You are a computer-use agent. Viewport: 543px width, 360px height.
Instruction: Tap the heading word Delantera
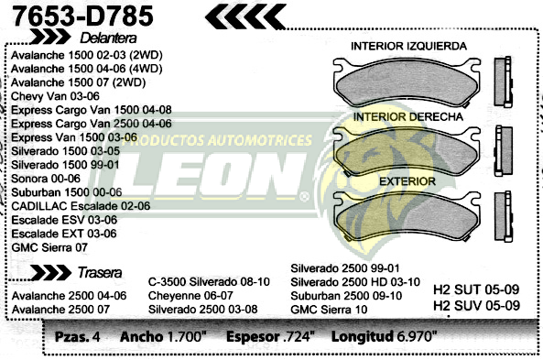pyautogui.click(x=108, y=38)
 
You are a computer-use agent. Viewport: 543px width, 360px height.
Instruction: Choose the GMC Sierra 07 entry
pyautogui.click(x=50, y=246)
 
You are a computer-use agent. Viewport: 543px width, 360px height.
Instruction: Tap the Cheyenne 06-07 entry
pyautogui.click(x=190, y=296)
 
